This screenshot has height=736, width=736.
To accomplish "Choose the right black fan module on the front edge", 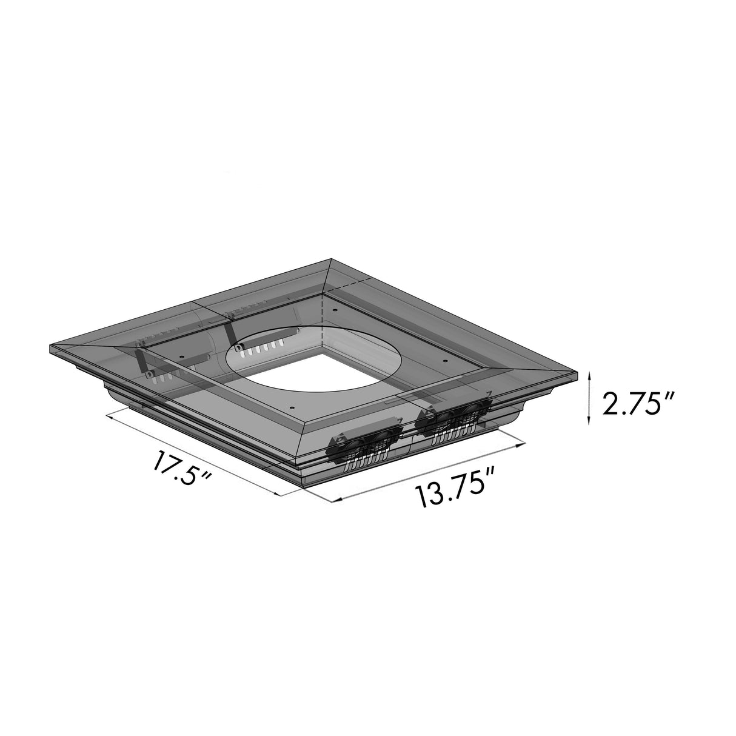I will click(455, 417).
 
